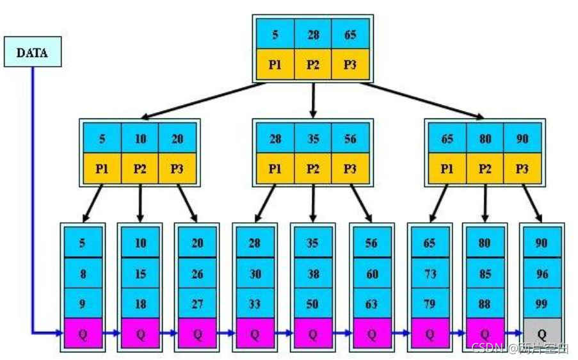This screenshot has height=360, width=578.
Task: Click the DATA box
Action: (x=33, y=53)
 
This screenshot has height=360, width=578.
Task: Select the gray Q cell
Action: (x=542, y=333)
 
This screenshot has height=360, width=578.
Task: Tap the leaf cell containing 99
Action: (x=542, y=304)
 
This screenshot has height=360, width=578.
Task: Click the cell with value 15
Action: (x=140, y=274)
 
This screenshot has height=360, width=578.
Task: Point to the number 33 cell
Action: (x=255, y=304)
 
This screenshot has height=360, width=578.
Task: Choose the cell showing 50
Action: (x=312, y=304)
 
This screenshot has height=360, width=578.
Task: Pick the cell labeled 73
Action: (x=429, y=274)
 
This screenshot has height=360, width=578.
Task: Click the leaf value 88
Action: (x=485, y=304)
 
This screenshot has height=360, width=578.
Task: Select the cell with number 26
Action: (x=197, y=274)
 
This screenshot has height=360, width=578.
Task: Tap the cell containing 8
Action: (x=83, y=274)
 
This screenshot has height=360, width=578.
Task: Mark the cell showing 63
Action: (x=371, y=304)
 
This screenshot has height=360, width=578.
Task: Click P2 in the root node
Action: (x=312, y=65)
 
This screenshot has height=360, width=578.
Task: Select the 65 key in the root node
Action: (x=350, y=35)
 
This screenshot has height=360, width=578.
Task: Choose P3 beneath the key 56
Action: (x=350, y=168)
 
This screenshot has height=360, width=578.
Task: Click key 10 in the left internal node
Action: (x=140, y=138)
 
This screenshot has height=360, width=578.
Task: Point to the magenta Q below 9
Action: (x=83, y=333)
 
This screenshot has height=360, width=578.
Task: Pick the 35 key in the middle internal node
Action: (x=312, y=138)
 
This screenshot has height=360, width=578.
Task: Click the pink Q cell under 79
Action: (x=429, y=333)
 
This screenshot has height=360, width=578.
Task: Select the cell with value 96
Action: (x=542, y=274)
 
